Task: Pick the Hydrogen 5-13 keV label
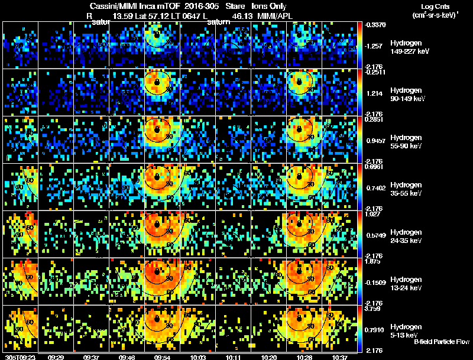click(406, 330)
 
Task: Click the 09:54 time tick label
click(162, 357)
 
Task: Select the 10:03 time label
click(198, 357)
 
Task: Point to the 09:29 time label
click(56, 357)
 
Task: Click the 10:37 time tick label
click(341, 357)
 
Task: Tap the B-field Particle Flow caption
click(442, 342)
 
